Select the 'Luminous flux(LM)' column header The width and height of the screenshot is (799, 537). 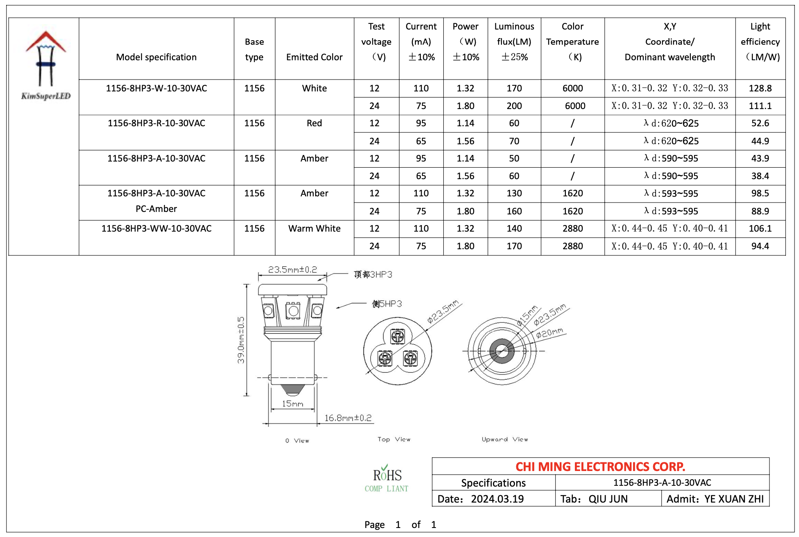click(x=514, y=41)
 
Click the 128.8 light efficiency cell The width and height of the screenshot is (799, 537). click(x=760, y=88)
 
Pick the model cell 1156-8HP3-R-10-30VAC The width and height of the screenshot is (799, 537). click(x=156, y=123)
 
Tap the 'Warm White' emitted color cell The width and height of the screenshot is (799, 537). click(x=314, y=228)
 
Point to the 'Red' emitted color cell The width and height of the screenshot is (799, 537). click(x=314, y=123)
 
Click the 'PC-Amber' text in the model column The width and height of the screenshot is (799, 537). click(x=156, y=209)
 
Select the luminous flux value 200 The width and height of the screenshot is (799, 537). click(x=514, y=106)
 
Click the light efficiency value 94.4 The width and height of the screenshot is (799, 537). click(x=760, y=246)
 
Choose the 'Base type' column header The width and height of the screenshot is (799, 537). click(x=254, y=49)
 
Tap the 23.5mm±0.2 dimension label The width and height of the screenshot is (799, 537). click(x=292, y=269)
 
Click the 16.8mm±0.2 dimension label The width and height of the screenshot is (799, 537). click(x=348, y=418)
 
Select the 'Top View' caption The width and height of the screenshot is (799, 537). click(x=394, y=439)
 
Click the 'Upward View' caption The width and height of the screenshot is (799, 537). click(x=504, y=439)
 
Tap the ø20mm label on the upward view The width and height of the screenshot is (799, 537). click(x=550, y=333)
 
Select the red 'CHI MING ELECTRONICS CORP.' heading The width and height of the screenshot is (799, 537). click(x=600, y=466)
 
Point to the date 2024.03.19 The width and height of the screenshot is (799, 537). click(x=497, y=499)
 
